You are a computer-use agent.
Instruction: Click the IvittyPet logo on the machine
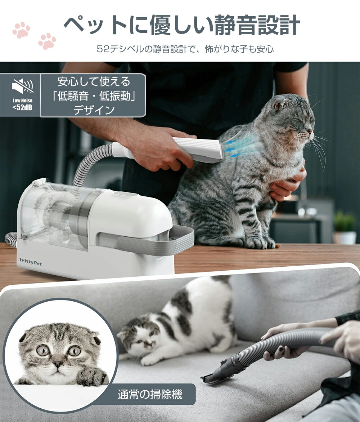(30, 263)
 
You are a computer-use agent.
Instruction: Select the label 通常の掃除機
(150, 395)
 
